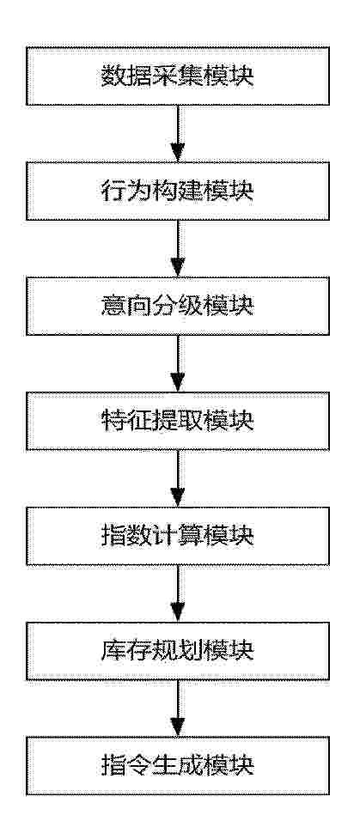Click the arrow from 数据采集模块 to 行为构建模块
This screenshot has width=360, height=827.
click(x=178, y=133)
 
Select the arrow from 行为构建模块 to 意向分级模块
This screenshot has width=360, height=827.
click(x=178, y=248)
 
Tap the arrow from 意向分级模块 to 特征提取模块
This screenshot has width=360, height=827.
click(x=178, y=363)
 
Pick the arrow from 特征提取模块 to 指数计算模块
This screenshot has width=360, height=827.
click(x=178, y=478)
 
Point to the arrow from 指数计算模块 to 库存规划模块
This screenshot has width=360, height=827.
click(x=178, y=593)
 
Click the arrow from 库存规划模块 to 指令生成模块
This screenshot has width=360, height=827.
click(x=178, y=708)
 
